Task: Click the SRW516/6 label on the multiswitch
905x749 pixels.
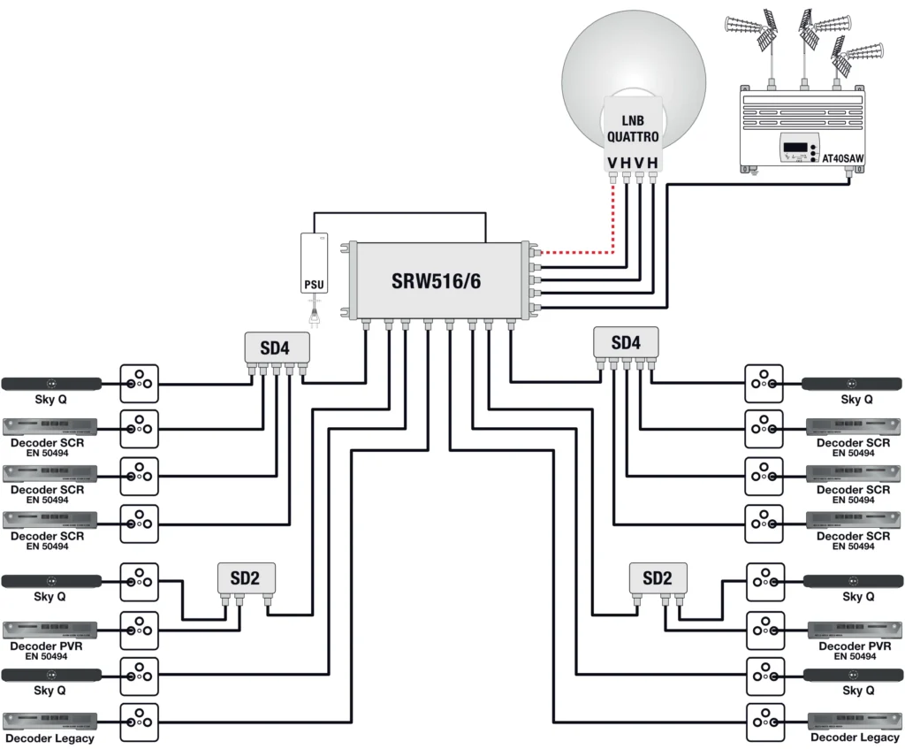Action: click(436, 281)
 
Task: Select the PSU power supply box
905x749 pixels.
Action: click(315, 264)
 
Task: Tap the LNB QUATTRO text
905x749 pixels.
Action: click(632, 129)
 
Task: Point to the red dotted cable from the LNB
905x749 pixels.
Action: click(613, 221)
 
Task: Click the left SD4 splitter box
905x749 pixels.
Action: click(275, 348)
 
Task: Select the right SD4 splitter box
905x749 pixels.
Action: click(625, 342)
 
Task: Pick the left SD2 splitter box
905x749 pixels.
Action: click(245, 579)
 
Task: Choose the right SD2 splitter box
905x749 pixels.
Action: click(657, 578)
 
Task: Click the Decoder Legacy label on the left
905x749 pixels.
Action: click(49, 738)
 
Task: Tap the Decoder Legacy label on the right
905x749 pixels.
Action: click(855, 738)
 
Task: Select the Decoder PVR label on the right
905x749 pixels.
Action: click(855, 646)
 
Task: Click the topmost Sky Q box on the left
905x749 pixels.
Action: click(51, 384)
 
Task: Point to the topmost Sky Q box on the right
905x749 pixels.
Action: click(852, 384)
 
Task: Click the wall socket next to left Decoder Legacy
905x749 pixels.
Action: click(139, 722)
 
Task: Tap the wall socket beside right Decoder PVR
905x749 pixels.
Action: click(764, 630)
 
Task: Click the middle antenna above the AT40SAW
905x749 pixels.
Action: click(805, 31)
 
